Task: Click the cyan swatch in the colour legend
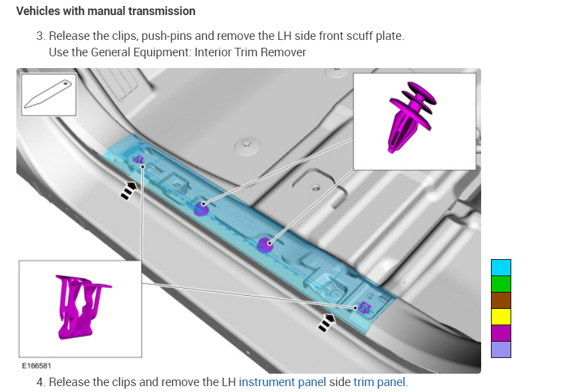click(x=501, y=267)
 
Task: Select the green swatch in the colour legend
click(x=501, y=283)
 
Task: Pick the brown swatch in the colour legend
click(x=501, y=300)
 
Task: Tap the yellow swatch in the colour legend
click(x=501, y=316)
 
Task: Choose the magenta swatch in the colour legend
click(x=501, y=332)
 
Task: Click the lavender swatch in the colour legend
click(x=501, y=349)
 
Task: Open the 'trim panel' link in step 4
click(x=379, y=382)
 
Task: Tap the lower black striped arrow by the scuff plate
click(x=325, y=321)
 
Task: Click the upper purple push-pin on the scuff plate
click(x=201, y=208)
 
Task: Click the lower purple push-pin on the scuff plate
click(x=264, y=244)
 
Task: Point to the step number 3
click(x=40, y=36)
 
